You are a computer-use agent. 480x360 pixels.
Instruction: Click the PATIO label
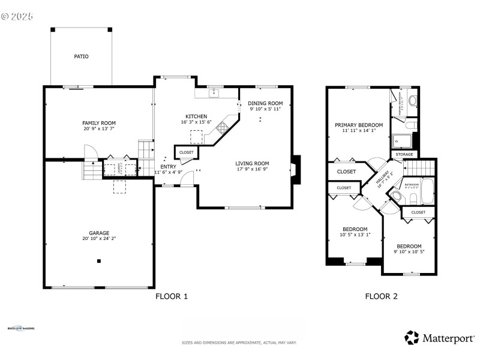point(81,56)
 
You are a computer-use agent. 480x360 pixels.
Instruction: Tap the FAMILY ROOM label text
point(99,122)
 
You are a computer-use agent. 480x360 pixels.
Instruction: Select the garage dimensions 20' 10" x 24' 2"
point(99,239)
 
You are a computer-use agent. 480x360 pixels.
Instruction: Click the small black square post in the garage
point(99,260)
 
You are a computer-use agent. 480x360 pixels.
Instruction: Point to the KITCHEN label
point(196,116)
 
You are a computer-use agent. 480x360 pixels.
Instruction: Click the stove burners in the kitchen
point(223,127)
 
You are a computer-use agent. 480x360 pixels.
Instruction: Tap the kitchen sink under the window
point(214,94)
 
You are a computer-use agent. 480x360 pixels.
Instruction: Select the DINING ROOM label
point(266,103)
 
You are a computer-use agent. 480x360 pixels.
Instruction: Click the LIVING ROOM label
point(251,163)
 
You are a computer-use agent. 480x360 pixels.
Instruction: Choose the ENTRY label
point(168,166)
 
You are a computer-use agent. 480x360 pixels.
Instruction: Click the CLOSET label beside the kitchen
point(186,152)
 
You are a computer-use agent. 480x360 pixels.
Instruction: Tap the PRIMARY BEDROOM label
point(359,125)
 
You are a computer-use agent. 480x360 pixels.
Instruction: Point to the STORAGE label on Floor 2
point(404,155)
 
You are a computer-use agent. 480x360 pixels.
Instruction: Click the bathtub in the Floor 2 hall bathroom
point(428,191)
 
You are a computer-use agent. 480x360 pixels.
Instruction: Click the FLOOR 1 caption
point(172,296)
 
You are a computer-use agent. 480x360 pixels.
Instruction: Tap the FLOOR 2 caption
point(382,296)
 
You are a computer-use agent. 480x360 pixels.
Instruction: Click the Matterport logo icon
point(411,338)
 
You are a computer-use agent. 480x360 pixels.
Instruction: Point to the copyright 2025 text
point(17,16)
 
